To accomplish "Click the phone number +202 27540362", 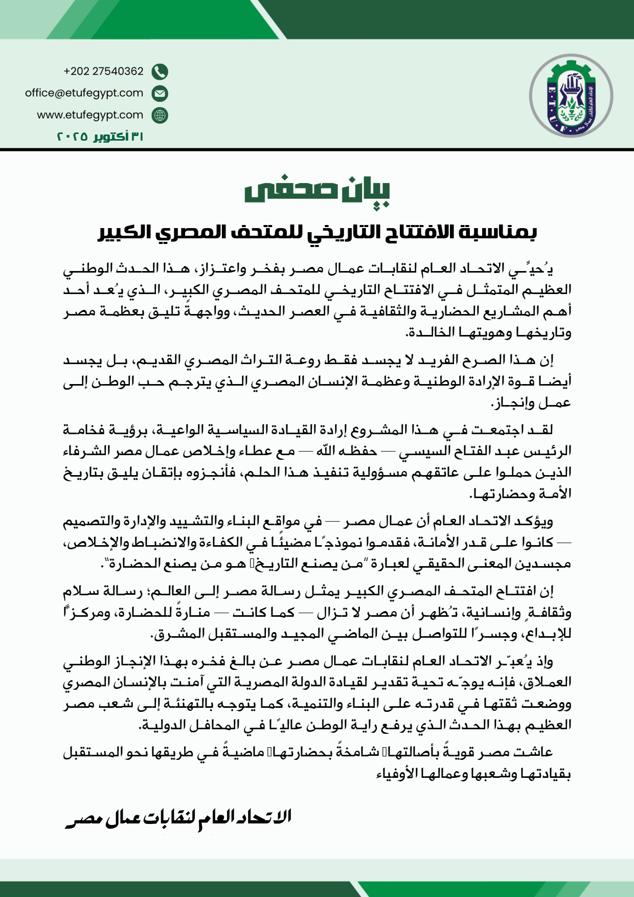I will (103, 71).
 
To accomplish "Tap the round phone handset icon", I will (160, 72).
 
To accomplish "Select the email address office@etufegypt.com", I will (84, 93).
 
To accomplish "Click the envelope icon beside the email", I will (160, 94).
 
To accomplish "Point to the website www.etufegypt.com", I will (90, 115).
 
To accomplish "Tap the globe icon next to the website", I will (160, 116).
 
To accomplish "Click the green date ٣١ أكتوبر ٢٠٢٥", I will (100, 137).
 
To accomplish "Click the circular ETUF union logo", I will (571, 95).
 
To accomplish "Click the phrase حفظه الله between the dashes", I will (347, 451).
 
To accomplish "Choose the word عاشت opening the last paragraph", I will (534, 752).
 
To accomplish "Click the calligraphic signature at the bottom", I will (179, 817).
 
